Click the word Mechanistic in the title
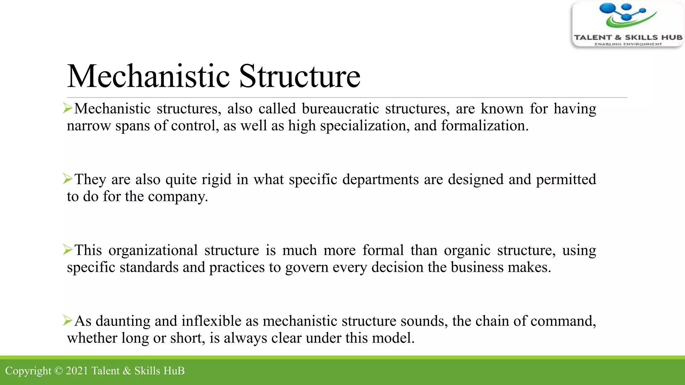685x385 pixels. pos(149,77)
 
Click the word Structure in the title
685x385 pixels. pos(300,77)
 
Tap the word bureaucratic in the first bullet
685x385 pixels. pos(340,109)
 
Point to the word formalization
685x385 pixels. pos(484,126)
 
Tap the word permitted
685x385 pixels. pos(566,180)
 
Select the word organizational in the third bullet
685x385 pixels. pos(153,250)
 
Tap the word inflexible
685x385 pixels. pos(211,321)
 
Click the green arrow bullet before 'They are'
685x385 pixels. pos(68,179)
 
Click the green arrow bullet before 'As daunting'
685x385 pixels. pos(68,320)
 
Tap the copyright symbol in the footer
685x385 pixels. pos(59,371)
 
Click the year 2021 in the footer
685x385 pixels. pos(77,371)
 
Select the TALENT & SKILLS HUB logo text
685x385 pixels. pos(628,37)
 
